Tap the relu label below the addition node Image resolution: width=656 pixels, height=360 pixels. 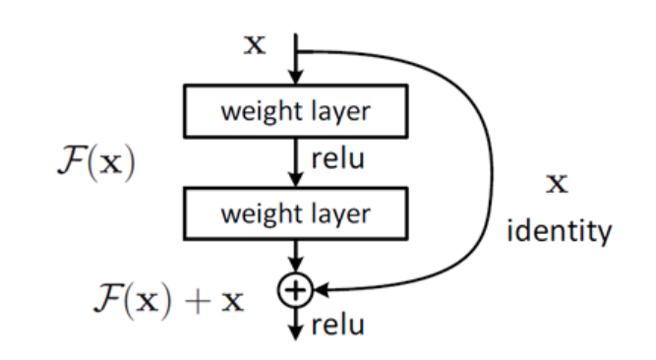pos(336,326)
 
